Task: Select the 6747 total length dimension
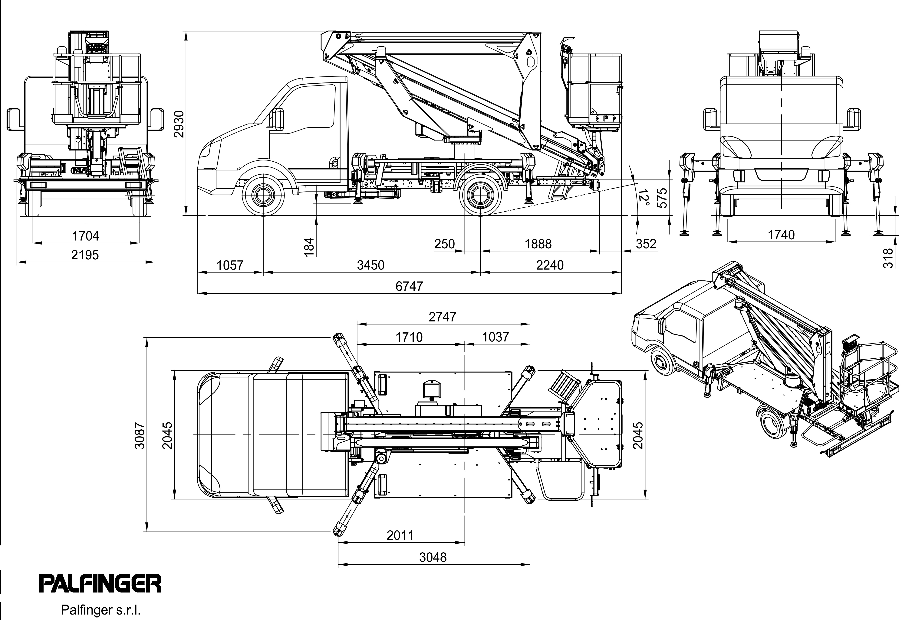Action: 409,286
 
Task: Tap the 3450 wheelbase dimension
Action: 370,265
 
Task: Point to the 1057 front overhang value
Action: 230,265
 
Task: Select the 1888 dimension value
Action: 538,244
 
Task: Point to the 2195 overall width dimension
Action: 85,255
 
